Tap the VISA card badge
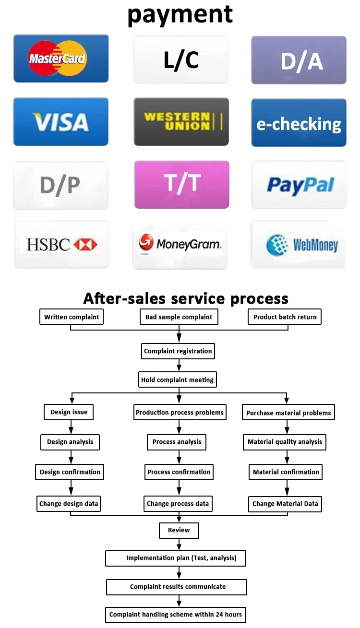pos(60,122)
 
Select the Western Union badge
pos(181,122)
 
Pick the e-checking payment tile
pos(299,123)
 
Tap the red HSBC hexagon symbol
pos(85,245)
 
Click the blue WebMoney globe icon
pos(277,245)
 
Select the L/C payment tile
pos(181,60)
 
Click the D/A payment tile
pos(299,60)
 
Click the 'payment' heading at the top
pos(180,15)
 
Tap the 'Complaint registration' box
pos(178,351)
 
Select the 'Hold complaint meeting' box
pos(178,380)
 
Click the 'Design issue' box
pos(69,412)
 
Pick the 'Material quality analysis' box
pos(285,442)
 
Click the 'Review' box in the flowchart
pos(179,530)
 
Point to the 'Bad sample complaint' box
pos(179,317)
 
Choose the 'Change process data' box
pos(178,504)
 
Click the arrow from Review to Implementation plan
pos(179,544)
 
